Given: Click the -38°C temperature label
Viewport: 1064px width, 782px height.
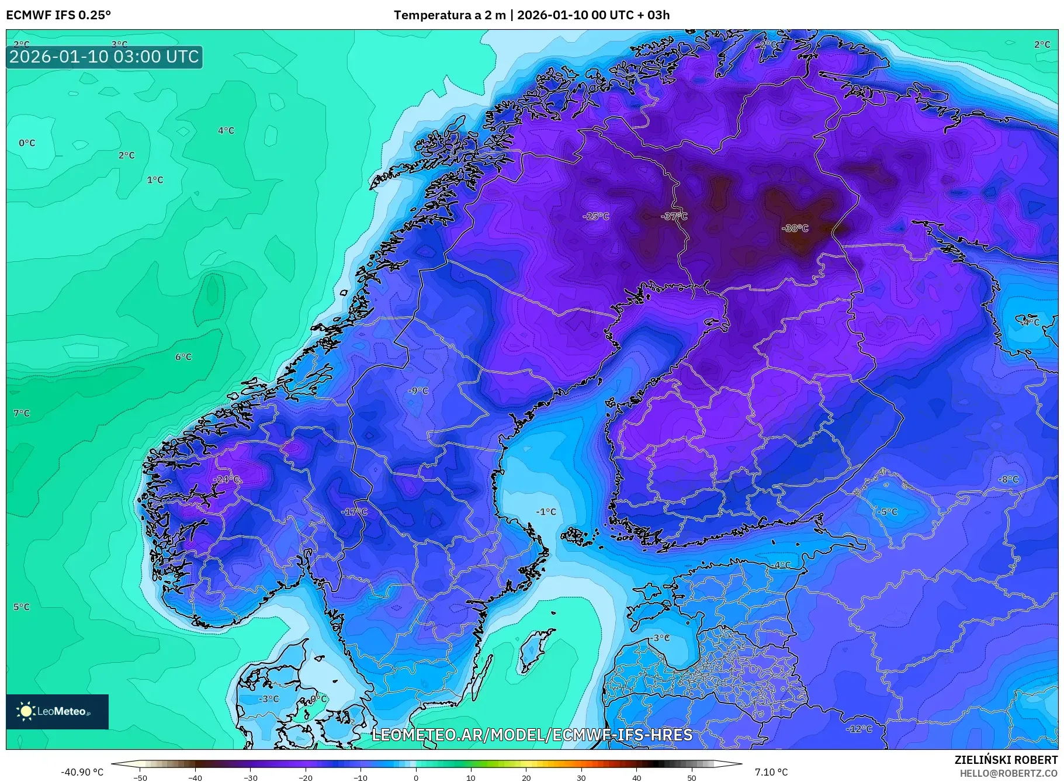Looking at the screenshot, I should (x=795, y=229).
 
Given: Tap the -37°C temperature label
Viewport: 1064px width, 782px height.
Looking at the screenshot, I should (x=674, y=216).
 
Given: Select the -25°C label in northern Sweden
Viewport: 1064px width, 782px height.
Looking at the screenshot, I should (x=596, y=216).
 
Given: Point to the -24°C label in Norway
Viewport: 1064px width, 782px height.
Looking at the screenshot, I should (x=226, y=479).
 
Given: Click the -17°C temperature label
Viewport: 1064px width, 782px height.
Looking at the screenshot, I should (x=354, y=511).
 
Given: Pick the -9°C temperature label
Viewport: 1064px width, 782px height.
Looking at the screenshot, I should (x=418, y=390).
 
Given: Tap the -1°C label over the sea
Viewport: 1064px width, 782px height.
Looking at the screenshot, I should (x=546, y=511).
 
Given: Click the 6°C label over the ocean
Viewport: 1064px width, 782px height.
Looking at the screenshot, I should (x=183, y=357).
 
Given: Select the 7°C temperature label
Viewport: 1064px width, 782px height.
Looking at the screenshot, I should (x=22, y=413).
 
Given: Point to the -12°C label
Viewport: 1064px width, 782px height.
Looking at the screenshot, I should (x=859, y=729).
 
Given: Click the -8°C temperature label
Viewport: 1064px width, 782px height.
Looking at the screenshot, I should (x=1008, y=479).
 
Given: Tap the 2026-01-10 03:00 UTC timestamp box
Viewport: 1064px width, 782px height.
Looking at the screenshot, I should (x=105, y=57).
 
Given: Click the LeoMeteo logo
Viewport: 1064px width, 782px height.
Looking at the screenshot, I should (x=57, y=711).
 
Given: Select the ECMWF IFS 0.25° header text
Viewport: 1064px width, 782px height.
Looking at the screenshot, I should (x=58, y=15).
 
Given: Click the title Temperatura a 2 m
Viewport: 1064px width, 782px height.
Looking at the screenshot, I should (x=449, y=15).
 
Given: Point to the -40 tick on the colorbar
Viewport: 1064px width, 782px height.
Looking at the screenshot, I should (x=195, y=777).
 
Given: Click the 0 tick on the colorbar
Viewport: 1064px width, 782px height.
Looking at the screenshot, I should (x=416, y=777).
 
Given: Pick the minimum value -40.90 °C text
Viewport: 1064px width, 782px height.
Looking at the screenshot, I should (x=82, y=772).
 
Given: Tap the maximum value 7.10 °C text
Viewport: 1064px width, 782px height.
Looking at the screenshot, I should (x=771, y=772).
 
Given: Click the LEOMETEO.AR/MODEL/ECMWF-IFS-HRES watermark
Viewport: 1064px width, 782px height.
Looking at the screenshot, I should (x=532, y=735).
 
